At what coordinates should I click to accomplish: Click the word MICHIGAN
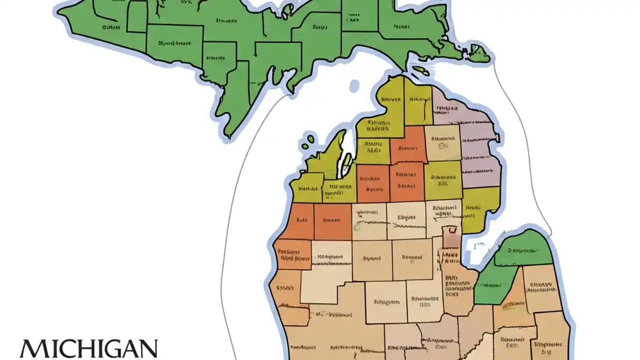(88, 348)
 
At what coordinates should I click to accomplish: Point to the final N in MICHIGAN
(147, 348)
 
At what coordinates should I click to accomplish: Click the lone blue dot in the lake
(354, 86)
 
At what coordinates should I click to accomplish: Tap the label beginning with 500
(330, 257)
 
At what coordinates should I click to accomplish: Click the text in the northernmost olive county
(390, 99)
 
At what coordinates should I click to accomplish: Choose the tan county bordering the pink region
(442, 142)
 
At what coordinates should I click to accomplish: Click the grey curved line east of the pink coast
(520, 150)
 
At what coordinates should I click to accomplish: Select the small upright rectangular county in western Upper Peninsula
(136, 16)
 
